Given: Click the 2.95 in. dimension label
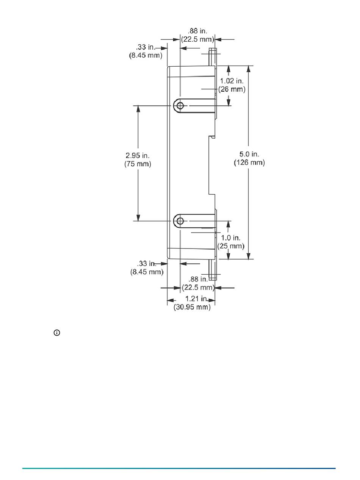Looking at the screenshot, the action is pos(138,156).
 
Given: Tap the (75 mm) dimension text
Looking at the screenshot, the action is pos(138,164).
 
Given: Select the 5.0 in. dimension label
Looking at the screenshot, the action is pos(249,154).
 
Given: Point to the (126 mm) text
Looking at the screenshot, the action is pos(249,163).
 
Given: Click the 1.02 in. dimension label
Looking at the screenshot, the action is pos(232,81).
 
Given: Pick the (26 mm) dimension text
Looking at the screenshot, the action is pos(232,89).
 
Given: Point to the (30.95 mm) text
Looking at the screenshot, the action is pos(192,307).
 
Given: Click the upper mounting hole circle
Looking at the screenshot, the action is pos(180,105).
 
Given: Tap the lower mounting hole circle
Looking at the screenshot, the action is pos(180,220).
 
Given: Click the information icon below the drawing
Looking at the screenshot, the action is pos(57,333).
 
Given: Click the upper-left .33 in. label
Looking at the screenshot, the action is pos(146,47).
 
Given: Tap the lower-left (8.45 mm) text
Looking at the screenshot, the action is pos(147,272).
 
